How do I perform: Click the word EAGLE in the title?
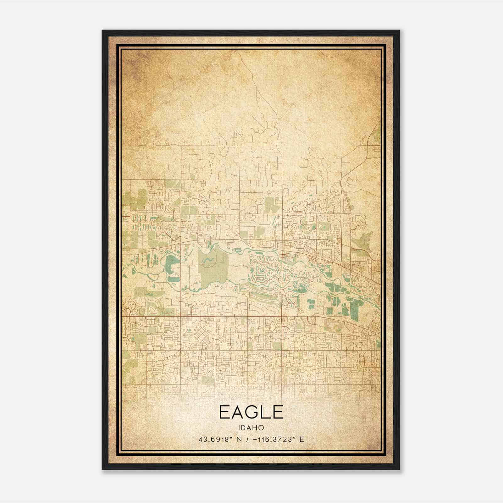point(251,412)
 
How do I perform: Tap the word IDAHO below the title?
point(251,428)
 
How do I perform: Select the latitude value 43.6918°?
point(216,439)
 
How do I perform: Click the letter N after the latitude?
point(239,439)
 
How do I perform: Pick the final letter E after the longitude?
point(302,439)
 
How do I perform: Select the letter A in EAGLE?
point(237,412)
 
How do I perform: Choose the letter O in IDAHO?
point(261,428)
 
